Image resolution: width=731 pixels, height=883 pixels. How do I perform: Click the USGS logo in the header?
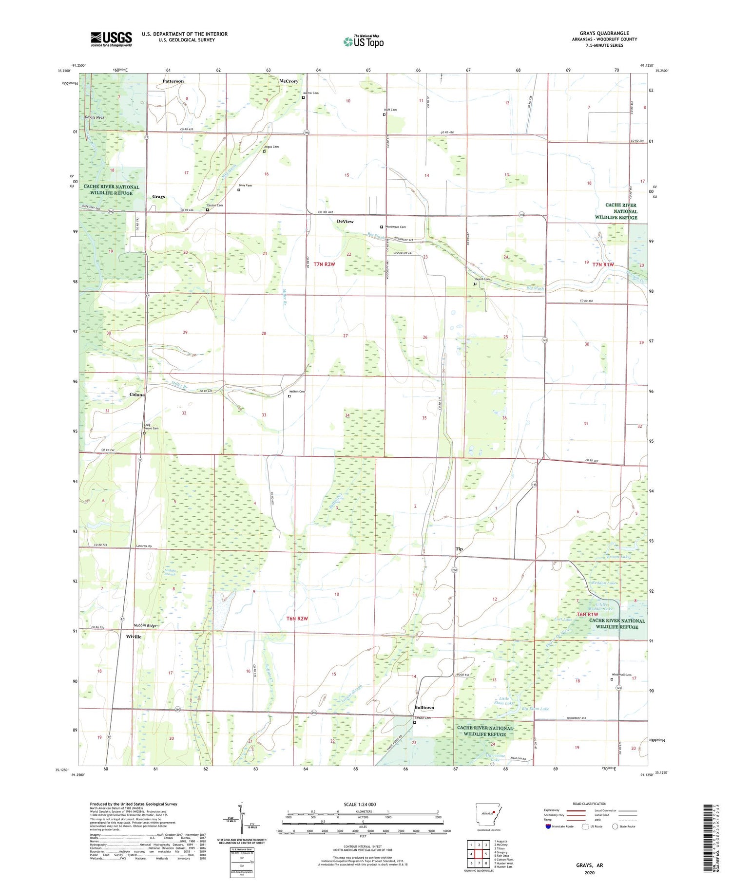coord(111,39)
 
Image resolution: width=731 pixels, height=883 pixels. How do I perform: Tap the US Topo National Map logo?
coord(363,41)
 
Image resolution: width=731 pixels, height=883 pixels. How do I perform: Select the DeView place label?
coord(345,222)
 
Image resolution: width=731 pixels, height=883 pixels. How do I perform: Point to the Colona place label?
coord(137,395)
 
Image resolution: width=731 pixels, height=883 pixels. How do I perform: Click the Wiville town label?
coord(134,637)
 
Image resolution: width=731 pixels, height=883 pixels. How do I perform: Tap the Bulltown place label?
coord(424,707)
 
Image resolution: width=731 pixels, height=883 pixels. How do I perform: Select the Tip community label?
coord(459,549)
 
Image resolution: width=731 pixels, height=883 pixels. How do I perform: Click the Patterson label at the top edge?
coord(173,81)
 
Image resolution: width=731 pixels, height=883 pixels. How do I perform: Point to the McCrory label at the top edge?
coord(289,81)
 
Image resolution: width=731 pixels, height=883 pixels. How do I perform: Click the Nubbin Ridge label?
coord(145,625)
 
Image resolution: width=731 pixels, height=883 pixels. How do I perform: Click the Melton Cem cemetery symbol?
coord(289,396)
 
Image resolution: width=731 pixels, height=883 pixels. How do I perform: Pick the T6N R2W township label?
coord(298,619)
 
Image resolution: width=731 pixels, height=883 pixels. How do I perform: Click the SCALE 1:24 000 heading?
coord(363,804)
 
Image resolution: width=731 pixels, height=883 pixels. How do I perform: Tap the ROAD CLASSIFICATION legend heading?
coord(590,804)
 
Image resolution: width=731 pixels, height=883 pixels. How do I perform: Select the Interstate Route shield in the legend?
coord(548,827)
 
